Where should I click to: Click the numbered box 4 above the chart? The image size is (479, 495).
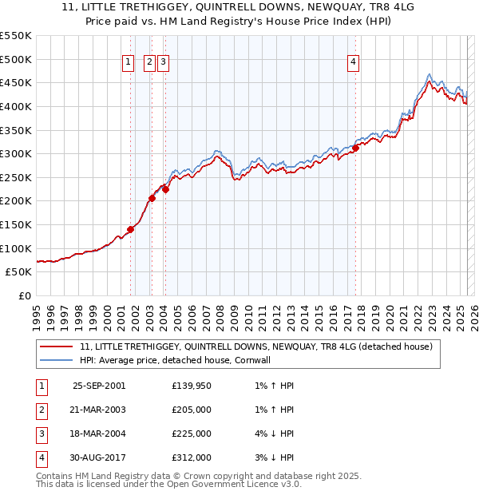(353, 65)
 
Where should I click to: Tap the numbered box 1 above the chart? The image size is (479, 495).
(129, 65)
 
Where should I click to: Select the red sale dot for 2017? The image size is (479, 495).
(356, 148)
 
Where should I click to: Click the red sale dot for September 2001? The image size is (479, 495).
(130, 229)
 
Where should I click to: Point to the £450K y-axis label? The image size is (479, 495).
(16, 82)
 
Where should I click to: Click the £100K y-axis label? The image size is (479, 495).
(16, 248)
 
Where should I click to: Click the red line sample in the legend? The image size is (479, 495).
(56, 346)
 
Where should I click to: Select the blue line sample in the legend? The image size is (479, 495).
(56, 360)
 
